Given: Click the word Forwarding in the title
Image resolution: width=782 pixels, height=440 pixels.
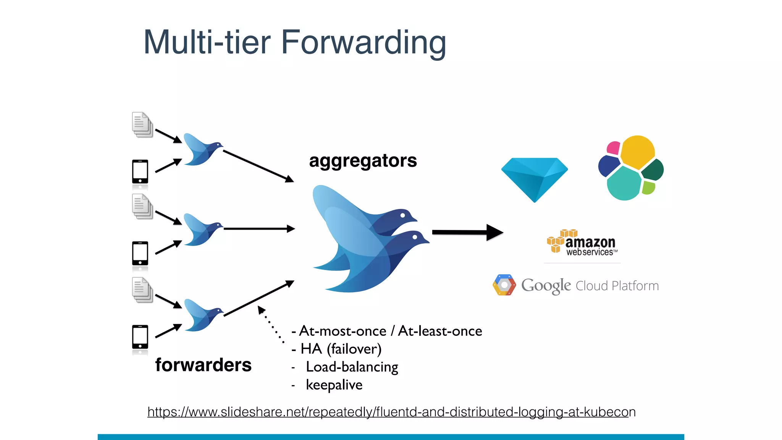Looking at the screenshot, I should (363, 43).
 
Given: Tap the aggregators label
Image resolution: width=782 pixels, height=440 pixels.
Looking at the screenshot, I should (363, 160).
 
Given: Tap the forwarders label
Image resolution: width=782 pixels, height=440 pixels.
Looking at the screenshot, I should (203, 365).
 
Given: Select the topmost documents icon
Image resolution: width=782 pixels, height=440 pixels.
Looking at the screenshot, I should (142, 125).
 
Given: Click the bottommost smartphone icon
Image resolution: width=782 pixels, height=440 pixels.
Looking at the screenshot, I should (140, 337).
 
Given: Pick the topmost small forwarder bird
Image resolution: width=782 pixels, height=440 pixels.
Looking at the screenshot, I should (201, 149).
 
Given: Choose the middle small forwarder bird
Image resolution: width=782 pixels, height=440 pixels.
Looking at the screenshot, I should (201, 230).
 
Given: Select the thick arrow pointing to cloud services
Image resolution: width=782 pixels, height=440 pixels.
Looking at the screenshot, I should (467, 232).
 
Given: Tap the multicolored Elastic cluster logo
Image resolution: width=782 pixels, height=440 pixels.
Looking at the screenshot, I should (631, 168).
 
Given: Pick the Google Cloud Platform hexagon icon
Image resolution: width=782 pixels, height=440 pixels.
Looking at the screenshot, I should (504, 285).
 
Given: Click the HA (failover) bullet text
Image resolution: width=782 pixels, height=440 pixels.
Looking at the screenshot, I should (341, 349).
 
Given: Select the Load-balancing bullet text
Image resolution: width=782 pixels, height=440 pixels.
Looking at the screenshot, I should (352, 367).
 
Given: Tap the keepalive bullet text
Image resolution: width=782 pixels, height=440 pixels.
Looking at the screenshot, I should (334, 385).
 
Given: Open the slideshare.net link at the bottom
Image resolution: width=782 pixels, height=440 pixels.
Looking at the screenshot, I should (391, 412).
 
